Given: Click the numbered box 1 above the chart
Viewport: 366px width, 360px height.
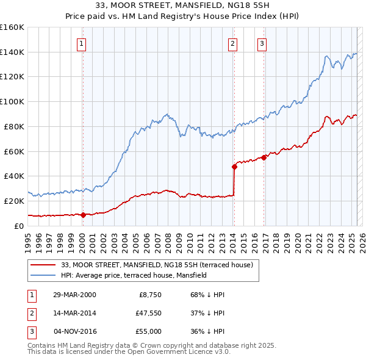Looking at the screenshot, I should point(81,43).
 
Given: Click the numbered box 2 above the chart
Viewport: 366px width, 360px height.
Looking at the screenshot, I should point(233,43).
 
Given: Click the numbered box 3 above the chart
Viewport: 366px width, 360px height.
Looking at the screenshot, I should point(262,43).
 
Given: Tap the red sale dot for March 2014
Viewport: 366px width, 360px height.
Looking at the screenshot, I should point(234,166).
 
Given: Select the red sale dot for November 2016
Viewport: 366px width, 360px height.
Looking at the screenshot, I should point(264,157).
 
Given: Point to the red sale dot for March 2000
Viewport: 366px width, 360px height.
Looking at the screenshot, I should point(83,215).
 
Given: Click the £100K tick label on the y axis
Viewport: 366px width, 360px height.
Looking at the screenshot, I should point(12,101).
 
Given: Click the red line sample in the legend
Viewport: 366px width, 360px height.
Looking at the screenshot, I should point(43,265).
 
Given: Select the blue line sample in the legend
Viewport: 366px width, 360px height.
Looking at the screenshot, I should point(43,275).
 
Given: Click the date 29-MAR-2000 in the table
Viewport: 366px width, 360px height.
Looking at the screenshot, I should point(74,295).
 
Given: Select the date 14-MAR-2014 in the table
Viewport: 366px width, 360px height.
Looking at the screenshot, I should point(74,313).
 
